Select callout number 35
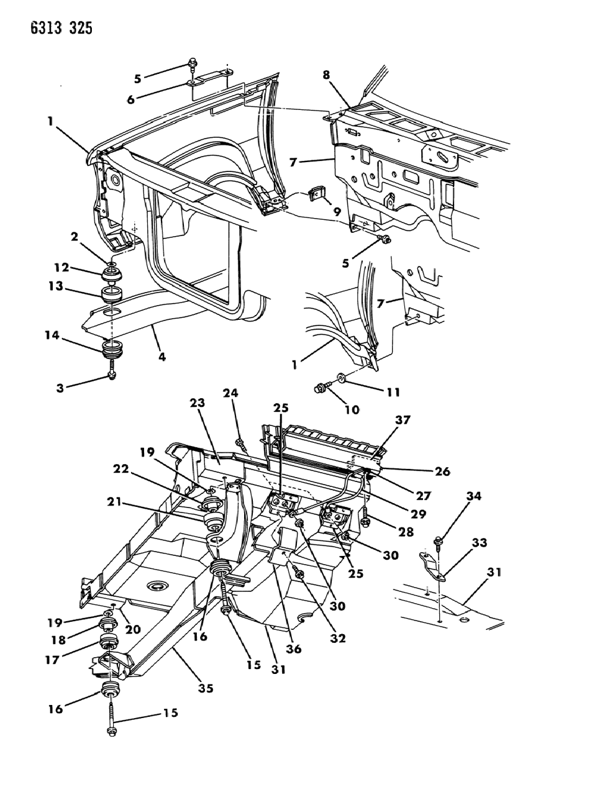click(x=206, y=688)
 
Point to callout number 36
click(x=293, y=649)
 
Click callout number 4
click(x=162, y=357)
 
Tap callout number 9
click(x=337, y=212)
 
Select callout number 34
click(x=473, y=496)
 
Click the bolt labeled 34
click(x=439, y=541)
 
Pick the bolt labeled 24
click(x=240, y=444)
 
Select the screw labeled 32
click(x=298, y=574)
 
